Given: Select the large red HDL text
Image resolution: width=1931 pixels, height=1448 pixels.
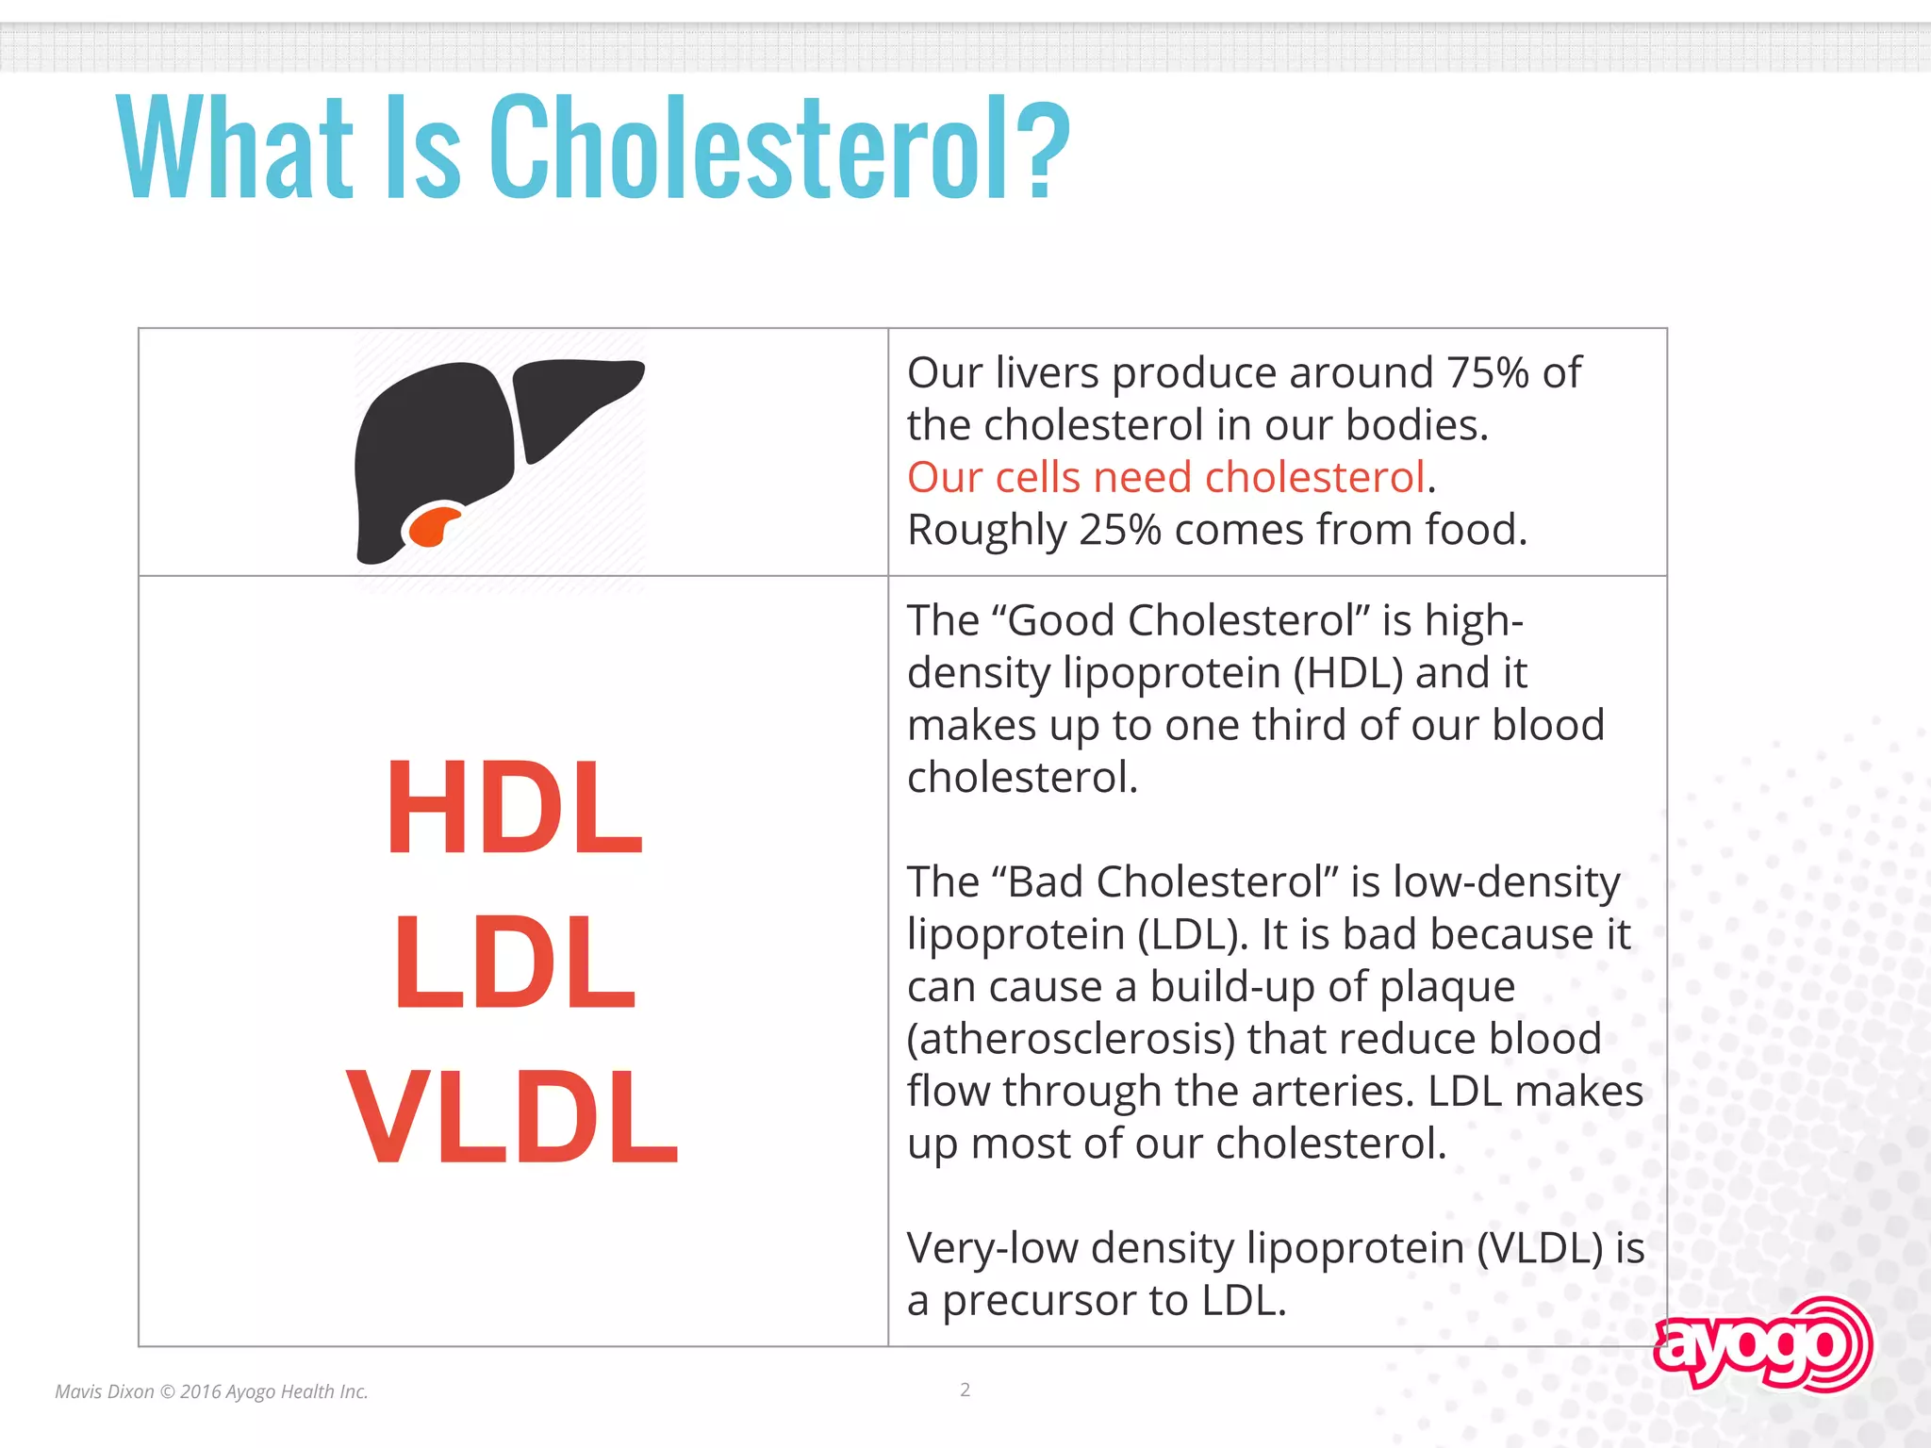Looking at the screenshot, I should point(514,808).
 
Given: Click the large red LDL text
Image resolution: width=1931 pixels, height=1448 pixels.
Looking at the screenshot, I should point(514,963).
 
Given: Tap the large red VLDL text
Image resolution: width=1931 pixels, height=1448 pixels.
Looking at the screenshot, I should point(512,1119).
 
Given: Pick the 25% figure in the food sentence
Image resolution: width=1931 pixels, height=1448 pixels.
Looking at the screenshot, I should point(1120,530).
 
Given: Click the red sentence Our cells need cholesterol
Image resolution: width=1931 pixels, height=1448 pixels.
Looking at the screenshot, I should point(1165,477).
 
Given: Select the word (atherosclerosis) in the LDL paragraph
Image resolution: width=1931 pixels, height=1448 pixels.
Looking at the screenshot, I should point(1071,1039).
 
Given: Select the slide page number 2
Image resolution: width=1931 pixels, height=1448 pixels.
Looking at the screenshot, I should point(965,1390).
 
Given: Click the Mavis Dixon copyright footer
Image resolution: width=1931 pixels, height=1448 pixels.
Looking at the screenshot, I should point(211,1391).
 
